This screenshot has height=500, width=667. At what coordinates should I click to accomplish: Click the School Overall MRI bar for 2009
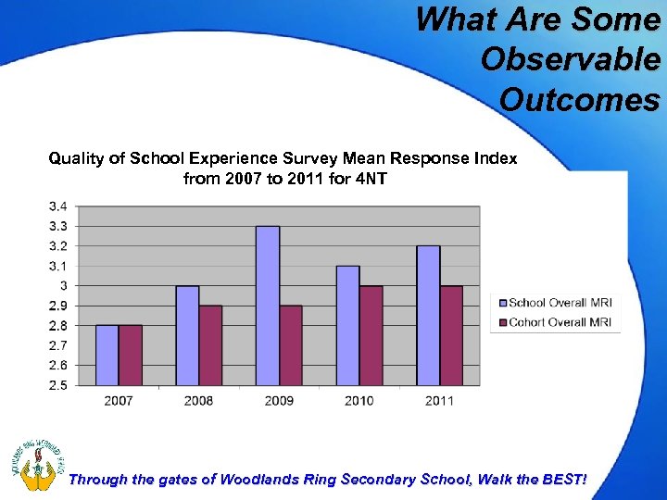point(268,306)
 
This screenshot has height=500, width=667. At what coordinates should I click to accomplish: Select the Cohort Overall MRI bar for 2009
point(291,345)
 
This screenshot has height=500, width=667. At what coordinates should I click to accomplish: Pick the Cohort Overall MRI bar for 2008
point(210,345)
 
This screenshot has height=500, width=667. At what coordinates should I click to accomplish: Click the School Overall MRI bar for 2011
point(428,316)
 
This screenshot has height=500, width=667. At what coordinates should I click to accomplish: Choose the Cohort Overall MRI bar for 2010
point(371,335)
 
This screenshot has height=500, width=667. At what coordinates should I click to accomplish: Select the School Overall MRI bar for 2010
point(347,325)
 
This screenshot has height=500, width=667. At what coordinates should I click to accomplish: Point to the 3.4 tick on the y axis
point(64,206)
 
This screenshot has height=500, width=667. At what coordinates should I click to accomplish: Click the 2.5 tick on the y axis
point(64,384)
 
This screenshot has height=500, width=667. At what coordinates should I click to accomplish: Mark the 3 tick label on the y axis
point(69,285)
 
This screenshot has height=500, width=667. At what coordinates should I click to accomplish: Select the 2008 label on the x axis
point(198,401)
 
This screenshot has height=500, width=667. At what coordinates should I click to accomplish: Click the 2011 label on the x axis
point(439,401)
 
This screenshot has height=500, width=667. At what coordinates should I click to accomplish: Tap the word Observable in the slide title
point(571,58)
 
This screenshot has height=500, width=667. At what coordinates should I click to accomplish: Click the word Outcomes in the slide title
point(580,98)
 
